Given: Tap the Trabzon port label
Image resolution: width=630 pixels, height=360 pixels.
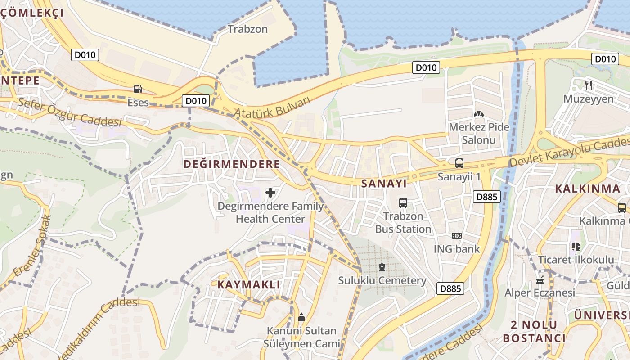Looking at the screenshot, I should (247, 29).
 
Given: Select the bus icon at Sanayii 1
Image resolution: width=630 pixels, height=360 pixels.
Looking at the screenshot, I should (459, 163).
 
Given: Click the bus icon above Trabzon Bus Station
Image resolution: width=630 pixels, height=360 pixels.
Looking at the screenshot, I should (403, 203).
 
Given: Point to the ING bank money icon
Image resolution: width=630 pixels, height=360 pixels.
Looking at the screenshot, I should (456, 236).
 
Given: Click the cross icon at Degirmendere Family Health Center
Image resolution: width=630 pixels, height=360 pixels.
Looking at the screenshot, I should (270, 193).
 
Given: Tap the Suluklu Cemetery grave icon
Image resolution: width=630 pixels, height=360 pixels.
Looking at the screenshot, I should (382, 267).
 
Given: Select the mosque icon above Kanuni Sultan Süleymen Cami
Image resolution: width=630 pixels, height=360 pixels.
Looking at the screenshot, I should (301, 318).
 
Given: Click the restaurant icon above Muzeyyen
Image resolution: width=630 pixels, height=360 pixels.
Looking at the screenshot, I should (589, 85).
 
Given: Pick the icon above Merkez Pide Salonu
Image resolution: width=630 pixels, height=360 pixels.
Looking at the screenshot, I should (479, 114).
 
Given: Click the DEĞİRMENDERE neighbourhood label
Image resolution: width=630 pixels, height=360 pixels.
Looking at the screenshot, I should (231, 164).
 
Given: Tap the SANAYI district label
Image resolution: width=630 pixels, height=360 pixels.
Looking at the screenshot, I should (384, 184).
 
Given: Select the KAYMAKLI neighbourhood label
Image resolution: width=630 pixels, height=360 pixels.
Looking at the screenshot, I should (249, 285).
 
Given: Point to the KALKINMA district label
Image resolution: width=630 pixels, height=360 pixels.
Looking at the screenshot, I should (587, 189).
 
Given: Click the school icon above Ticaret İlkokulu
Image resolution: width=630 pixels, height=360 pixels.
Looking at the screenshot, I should (576, 246).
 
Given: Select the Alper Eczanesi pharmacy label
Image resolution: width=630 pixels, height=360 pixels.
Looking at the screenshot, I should (540, 293).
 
